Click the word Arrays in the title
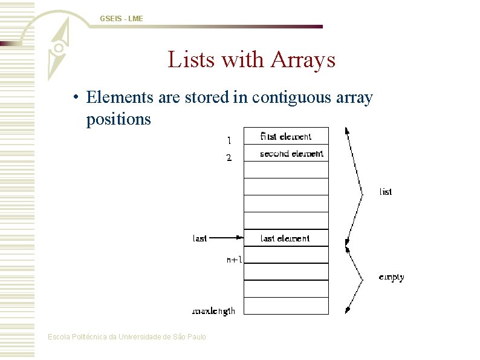[x=303, y=60]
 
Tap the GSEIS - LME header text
[x=122, y=19]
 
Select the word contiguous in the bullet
[x=288, y=97]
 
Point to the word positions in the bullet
[x=118, y=119]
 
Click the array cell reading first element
[x=285, y=136]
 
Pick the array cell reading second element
[x=285, y=154]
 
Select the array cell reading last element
[x=285, y=238]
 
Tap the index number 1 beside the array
[x=229, y=140]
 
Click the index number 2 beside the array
[x=229, y=159]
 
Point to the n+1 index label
[x=235, y=260]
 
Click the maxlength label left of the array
[x=213, y=311]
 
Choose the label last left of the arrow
[x=200, y=238]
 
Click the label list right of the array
[x=385, y=192]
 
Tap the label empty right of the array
[x=391, y=277]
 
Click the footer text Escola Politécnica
[x=127, y=337]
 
